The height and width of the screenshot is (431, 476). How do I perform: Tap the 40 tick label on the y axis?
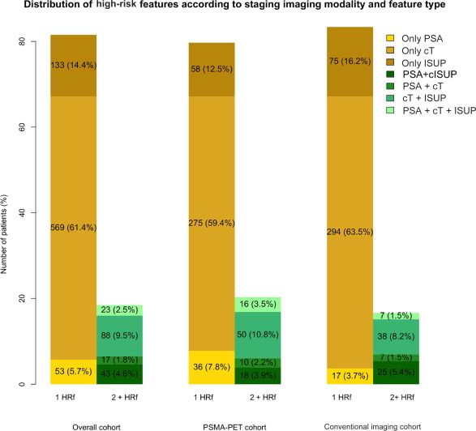[x=23, y=213]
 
